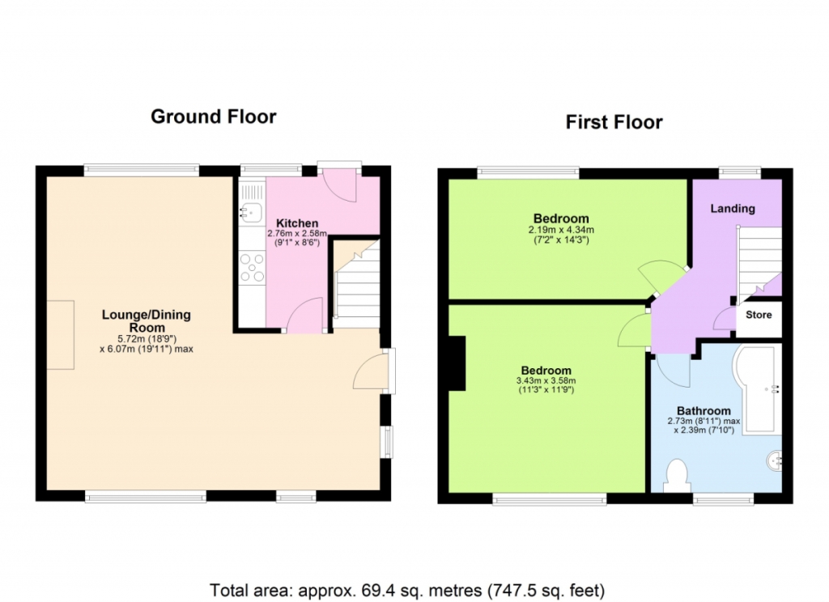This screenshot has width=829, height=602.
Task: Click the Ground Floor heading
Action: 214,117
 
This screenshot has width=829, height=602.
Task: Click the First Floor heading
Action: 614,122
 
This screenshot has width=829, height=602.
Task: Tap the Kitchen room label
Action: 297,223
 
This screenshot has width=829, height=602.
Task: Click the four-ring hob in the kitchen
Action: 252,268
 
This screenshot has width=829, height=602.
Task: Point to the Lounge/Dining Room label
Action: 147,320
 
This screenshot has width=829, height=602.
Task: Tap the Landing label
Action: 732,208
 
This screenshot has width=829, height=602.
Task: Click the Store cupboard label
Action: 759,315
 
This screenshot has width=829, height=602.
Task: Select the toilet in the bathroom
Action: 677,476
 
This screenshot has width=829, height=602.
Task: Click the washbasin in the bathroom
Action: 775,460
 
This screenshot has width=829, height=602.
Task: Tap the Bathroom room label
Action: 704,411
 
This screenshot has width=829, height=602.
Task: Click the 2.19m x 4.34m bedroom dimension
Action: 561,230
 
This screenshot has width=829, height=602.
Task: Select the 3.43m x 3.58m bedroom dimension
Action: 546,380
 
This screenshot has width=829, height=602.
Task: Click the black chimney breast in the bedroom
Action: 457,363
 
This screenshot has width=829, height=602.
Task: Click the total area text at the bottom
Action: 407,590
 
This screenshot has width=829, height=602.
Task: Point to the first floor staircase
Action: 759,262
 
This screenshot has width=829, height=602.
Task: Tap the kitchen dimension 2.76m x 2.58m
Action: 297,233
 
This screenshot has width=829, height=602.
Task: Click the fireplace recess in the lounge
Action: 60,334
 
